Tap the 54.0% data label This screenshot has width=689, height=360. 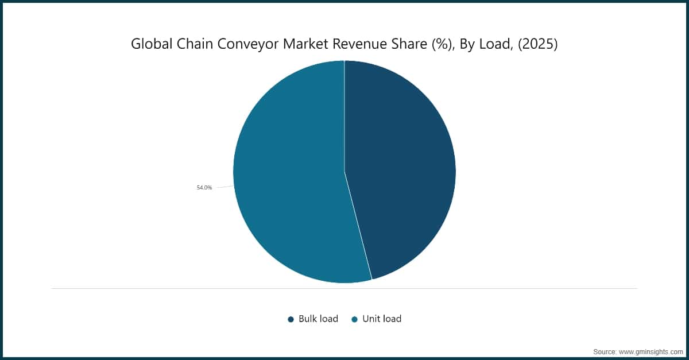tap(204, 187)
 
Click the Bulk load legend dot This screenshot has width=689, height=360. tap(291, 319)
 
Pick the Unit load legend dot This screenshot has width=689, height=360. tap(355, 319)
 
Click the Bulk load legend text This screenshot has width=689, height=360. tap(318, 319)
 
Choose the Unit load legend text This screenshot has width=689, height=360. tap(382, 319)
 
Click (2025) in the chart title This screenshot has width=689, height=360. tap(538, 44)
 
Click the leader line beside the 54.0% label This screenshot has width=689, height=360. tap(224, 187)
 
